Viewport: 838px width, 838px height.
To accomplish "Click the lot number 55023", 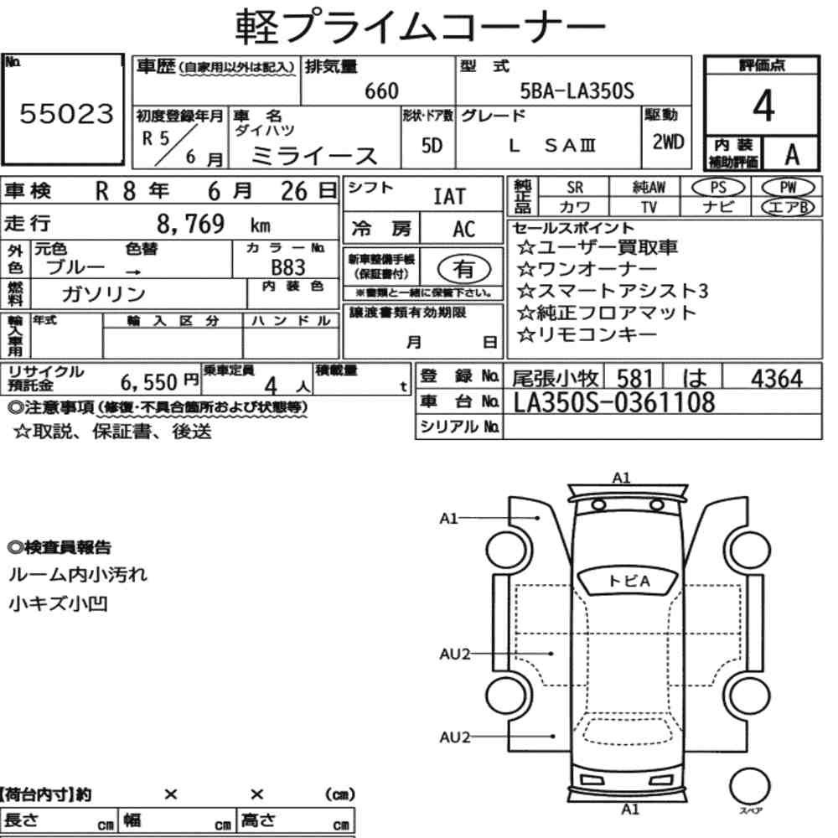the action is (x=67, y=113).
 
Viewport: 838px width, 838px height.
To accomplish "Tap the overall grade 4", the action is (x=763, y=106).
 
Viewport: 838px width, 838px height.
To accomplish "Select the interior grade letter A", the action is (x=792, y=155).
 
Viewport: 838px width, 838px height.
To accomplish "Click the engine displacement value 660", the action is (x=381, y=91).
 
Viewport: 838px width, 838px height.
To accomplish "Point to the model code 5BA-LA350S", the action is (x=577, y=91).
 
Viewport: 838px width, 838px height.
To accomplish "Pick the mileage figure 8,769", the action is (x=191, y=224).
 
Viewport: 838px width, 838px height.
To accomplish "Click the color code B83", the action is (x=288, y=267).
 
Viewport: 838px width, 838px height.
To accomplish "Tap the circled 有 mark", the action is (x=464, y=268).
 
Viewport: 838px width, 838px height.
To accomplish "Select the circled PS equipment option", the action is (x=718, y=188).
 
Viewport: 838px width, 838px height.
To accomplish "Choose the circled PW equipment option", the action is (x=788, y=188).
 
